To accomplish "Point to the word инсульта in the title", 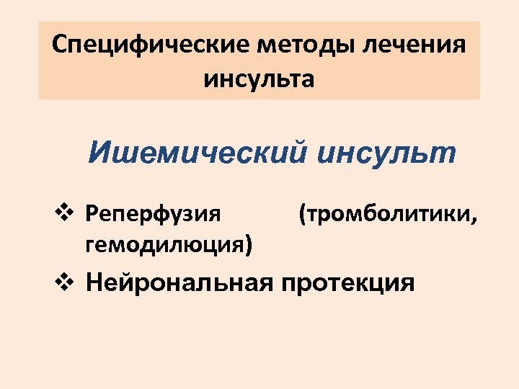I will click(x=259, y=77).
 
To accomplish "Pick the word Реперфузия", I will click(x=153, y=214).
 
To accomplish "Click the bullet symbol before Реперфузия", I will click(x=62, y=213).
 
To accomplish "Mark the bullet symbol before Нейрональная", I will click(x=62, y=282).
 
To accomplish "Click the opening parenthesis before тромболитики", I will click(x=301, y=214).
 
